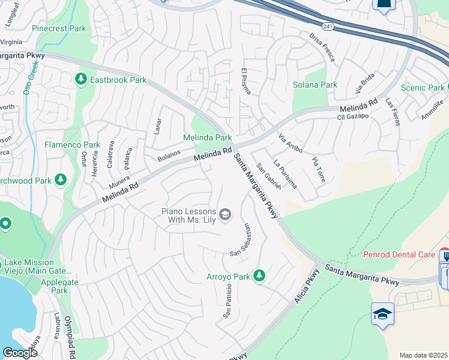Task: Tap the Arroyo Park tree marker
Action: click(x=259, y=276)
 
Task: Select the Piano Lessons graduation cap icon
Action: click(x=225, y=215)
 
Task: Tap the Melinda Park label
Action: click(x=207, y=138)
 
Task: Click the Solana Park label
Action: click(x=315, y=85)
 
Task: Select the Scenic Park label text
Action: click(x=422, y=88)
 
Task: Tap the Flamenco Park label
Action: click(x=72, y=145)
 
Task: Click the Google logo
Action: click(x=20, y=352)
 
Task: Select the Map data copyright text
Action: click(x=423, y=355)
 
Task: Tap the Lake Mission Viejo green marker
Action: click(x=5, y=224)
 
